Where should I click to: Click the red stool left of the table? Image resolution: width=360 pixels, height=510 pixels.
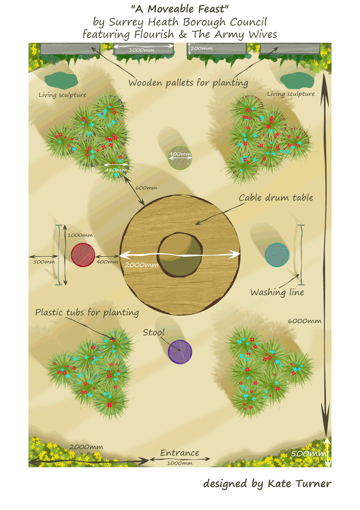tap(83, 255)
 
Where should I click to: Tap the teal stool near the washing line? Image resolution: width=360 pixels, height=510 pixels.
tap(277, 255)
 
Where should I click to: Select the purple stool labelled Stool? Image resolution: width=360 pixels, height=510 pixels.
tap(180, 352)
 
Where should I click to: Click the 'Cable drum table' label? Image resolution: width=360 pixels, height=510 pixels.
tap(276, 198)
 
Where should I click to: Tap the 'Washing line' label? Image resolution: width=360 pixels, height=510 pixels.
tap(277, 292)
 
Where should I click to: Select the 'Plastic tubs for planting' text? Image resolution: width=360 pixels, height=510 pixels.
tap(87, 312)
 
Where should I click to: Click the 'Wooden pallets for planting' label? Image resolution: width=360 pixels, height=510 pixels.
tap(188, 83)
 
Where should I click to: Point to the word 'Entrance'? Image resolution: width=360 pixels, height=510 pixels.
tap(180, 453)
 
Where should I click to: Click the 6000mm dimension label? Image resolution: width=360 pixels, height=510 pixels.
tap(304, 321)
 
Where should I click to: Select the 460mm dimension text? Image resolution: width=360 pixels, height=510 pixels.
tap(116, 170)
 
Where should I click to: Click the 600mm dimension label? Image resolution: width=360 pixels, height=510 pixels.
tap(146, 187)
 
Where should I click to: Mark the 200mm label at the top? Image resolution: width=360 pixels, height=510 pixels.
tap(201, 48)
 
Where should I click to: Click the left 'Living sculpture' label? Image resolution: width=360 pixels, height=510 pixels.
tap(62, 95)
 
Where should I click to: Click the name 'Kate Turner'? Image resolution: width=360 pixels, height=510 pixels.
tap(299, 484)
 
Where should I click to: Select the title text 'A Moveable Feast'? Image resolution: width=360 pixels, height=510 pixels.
tap(180, 8)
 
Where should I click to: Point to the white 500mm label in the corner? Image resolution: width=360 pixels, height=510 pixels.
tap(307, 454)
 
